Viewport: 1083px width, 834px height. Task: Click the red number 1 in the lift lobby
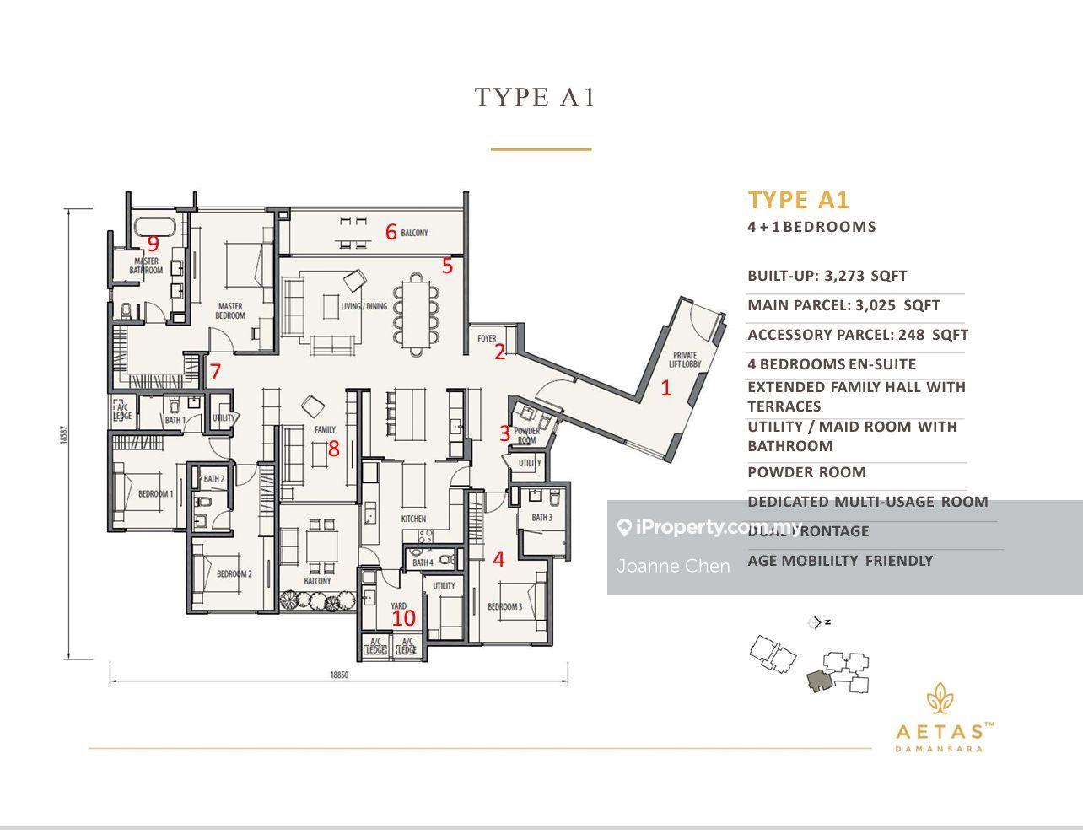[x=666, y=389]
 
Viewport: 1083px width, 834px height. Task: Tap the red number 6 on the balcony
[x=391, y=231]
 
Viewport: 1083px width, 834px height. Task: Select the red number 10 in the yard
[x=404, y=617]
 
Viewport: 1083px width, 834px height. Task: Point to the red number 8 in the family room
[x=333, y=449]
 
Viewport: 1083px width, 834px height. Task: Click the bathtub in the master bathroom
[x=154, y=227]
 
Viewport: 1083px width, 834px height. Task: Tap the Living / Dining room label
[x=364, y=306]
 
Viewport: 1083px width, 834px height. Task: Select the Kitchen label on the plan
[x=413, y=519]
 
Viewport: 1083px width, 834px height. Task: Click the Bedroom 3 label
[x=504, y=606]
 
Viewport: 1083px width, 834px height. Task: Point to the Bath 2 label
[x=213, y=479]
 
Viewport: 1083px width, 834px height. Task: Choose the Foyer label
[x=487, y=338]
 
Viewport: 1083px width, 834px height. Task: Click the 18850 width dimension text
[x=339, y=675]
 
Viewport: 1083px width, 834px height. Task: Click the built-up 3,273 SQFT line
[x=827, y=276]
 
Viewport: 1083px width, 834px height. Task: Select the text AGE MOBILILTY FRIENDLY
[x=839, y=561]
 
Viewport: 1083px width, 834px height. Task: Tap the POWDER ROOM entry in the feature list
[x=806, y=472]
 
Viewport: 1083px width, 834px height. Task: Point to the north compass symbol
[x=815, y=622]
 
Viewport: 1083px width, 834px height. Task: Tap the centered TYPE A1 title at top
[x=536, y=98]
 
